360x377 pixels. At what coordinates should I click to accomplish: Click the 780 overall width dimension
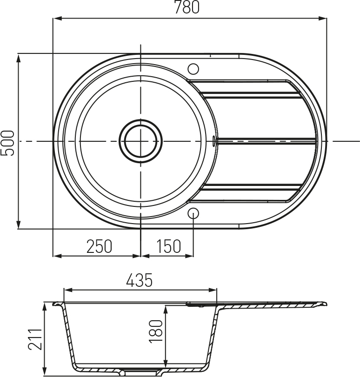(x=187, y=7)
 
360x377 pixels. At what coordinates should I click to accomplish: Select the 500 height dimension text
(x=7, y=143)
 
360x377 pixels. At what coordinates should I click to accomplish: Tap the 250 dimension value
(x=99, y=246)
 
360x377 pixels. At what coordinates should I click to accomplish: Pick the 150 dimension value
(x=168, y=246)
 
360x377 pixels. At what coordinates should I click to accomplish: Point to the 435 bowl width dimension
(x=140, y=280)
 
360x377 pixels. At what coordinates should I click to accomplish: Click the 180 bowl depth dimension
(x=156, y=331)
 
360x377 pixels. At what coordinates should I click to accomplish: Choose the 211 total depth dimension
(x=35, y=339)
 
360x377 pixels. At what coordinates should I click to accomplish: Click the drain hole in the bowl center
(x=141, y=141)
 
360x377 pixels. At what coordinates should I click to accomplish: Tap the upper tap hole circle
(x=193, y=69)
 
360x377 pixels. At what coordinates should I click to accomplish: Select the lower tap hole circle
(x=193, y=213)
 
